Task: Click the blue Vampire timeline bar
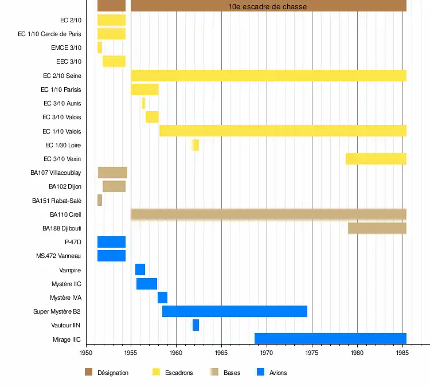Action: [x=140, y=269]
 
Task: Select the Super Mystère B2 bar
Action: [x=234, y=311]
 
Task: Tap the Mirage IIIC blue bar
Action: [x=330, y=339]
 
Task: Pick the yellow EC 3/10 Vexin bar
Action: [x=376, y=159]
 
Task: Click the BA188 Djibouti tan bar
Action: [x=377, y=228]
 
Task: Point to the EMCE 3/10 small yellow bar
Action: [x=100, y=48]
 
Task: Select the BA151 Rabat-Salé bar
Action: [x=100, y=200]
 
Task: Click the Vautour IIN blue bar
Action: [x=196, y=325]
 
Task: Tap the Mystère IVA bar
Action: [x=162, y=298]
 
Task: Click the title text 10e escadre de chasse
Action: [x=268, y=6]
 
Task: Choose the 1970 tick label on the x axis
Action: [x=267, y=353]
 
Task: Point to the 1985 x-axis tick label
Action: [x=402, y=353]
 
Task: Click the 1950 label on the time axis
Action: [x=86, y=353]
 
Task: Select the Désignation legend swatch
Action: [x=88, y=373]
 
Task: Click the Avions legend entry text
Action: [x=278, y=373]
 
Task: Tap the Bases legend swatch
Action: [x=214, y=373]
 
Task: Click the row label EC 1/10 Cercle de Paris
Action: [x=49, y=34]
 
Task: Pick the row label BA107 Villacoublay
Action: [x=56, y=173]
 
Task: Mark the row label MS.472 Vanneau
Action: [x=58, y=256]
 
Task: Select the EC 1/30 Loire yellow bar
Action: [x=196, y=145]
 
